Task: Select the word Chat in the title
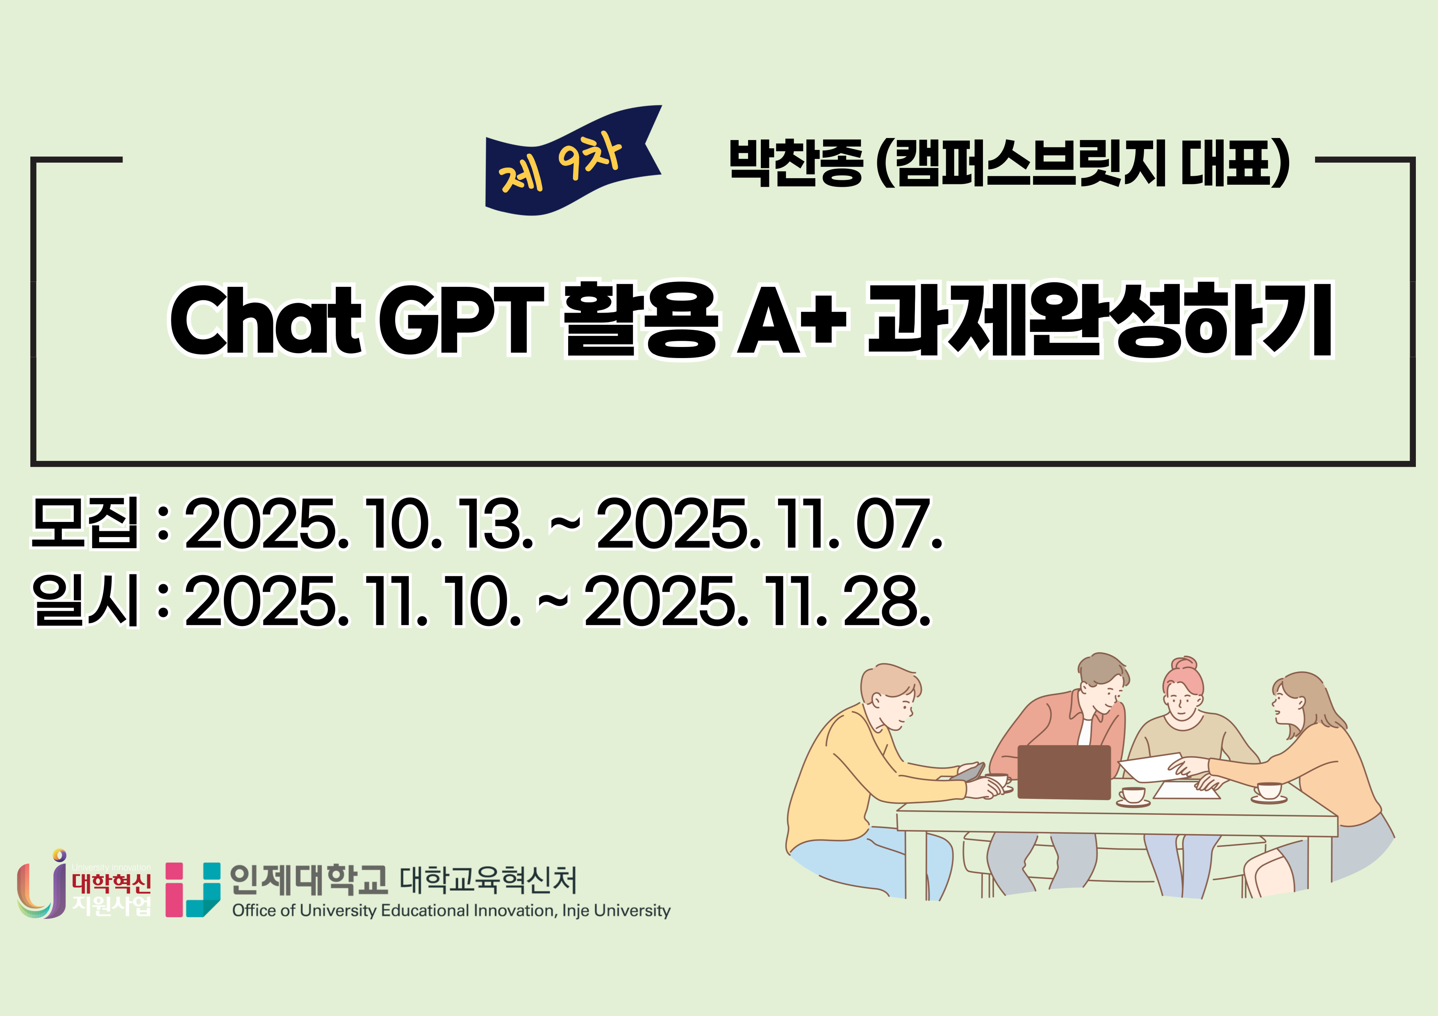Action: (266, 320)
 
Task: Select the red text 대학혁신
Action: (111, 883)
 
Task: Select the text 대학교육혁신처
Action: (488, 880)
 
